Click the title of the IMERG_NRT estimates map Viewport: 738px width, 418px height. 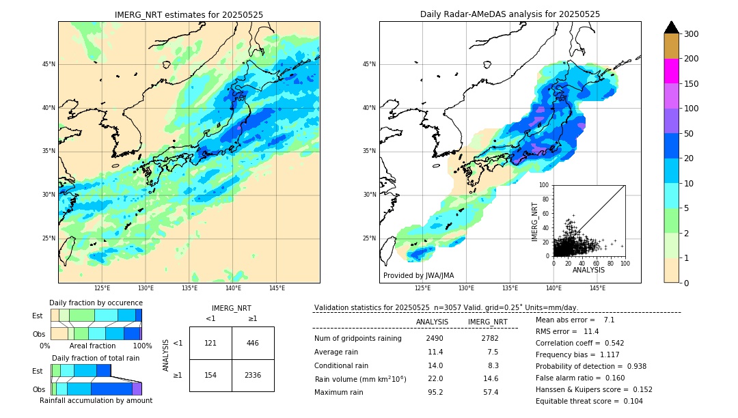click(x=189, y=14)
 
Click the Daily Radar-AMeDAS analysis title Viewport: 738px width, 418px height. click(x=510, y=14)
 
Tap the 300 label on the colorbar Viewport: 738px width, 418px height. click(x=691, y=33)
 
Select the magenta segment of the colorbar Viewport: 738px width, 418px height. click(x=671, y=71)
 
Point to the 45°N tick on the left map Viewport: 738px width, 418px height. click(x=49, y=64)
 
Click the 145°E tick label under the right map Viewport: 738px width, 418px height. click(x=597, y=288)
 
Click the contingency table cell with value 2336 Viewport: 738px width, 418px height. click(x=253, y=375)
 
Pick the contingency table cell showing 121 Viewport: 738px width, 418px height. click(x=210, y=343)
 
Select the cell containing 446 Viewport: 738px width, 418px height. click(x=253, y=343)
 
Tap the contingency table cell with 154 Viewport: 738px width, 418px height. click(x=210, y=375)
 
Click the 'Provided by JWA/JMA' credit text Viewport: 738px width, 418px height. click(x=418, y=275)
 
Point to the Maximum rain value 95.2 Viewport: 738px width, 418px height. click(x=435, y=392)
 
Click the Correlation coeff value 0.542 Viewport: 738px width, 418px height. click(x=609, y=343)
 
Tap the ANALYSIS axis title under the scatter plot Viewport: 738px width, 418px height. click(x=588, y=270)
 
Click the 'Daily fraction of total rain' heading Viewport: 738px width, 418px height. click(x=96, y=358)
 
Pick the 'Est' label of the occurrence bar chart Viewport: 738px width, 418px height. click(x=38, y=316)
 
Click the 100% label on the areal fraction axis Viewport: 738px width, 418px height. click(x=142, y=346)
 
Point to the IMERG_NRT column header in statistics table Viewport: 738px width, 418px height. click(x=487, y=322)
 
